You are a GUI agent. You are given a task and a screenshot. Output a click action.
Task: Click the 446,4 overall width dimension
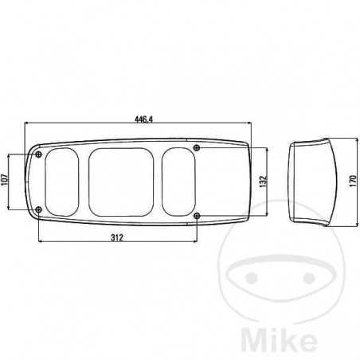click(145, 119)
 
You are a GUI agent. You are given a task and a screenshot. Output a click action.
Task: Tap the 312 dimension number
click(116, 237)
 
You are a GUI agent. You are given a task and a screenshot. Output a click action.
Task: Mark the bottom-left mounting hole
click(39, 209)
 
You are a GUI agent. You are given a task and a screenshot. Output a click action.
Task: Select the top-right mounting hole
click(197, 147)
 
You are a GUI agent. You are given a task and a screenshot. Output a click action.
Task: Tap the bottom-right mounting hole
click(197, 215)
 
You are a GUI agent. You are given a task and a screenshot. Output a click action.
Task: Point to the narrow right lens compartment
click(178, 182)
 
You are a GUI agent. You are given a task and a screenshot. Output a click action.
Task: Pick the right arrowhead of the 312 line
click(195, 242)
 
